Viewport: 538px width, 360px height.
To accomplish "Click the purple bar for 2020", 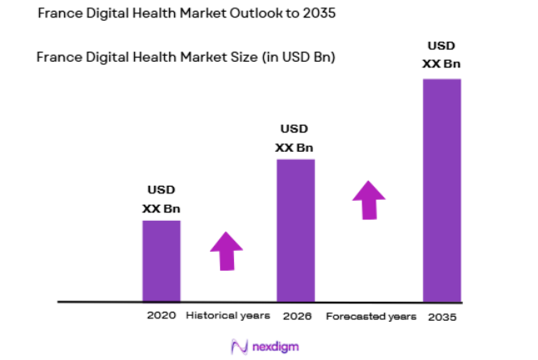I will [x=161, y=260].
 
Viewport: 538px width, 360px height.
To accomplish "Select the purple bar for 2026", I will [x=296, y=229].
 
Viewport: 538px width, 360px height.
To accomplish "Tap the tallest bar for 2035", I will [x=441, y=189].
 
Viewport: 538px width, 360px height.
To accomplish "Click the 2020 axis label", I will [x=161, y=316].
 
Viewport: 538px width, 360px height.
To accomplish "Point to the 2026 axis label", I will [x=296, y=316].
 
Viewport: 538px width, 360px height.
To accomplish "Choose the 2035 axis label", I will [x=442, y=317].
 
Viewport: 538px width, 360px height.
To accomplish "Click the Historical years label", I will [x=227, y=316].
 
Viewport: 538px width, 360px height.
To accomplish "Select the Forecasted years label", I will [x=371, y=316].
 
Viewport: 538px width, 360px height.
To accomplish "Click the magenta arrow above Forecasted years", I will [x=368, y=199].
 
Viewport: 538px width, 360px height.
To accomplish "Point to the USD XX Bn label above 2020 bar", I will [x=161, y=199].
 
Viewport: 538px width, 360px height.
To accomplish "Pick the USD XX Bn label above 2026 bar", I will [x=295, y=138].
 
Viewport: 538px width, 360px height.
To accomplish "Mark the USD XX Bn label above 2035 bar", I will [x=442, y=54].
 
